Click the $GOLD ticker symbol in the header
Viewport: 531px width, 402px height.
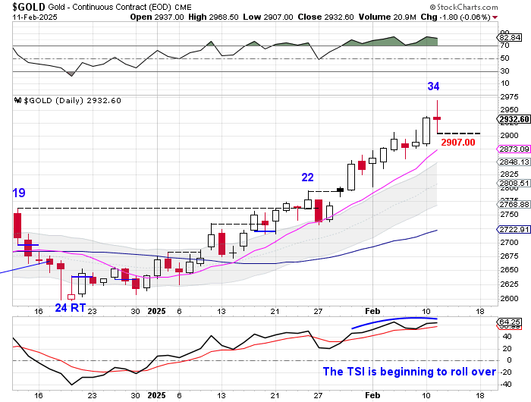[x=22, y=6]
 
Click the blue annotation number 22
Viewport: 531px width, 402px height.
[x=307, y=177]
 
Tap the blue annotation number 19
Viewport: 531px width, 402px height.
[x=19, y=193]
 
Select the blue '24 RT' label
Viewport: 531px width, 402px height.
[x=69, y=308]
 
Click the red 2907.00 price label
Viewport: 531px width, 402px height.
[x=457, y=143]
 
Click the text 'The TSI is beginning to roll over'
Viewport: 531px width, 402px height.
[x=409, y=372]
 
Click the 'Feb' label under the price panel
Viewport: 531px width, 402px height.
[x=372, y=311]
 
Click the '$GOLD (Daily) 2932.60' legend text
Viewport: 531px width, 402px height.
[x=69, y=100]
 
